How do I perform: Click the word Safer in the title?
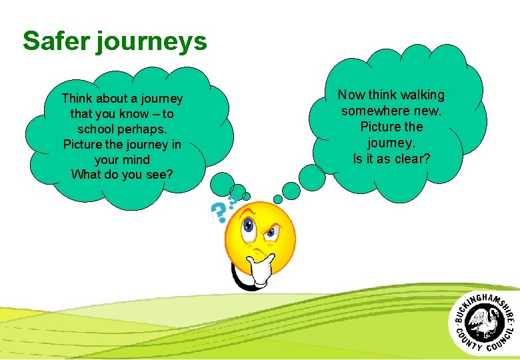(55, 41)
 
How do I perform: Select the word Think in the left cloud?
(77, 99)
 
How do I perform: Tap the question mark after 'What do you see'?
(170, 175)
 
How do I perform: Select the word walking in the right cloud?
(422, 95)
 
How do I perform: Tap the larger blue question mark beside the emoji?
(219, 213)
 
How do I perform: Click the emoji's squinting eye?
(271, 234)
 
